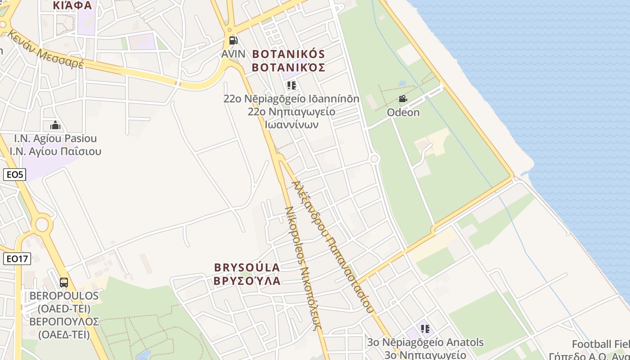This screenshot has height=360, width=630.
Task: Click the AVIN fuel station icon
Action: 233,40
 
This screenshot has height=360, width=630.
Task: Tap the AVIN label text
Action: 233,54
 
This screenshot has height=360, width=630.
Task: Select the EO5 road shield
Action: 14,175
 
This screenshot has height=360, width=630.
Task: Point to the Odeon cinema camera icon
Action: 403,99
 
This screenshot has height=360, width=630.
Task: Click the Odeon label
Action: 403,112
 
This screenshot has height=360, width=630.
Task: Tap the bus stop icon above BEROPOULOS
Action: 64,283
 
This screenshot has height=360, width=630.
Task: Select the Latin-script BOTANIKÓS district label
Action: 288,54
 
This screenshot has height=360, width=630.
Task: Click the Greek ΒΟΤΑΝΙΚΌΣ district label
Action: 288,67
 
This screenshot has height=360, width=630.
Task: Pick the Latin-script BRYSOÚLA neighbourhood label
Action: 247,267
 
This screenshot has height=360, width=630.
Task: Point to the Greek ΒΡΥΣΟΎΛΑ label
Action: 247,281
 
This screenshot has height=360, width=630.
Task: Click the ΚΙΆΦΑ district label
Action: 72,5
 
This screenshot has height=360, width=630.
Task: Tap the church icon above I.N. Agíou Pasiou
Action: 55,125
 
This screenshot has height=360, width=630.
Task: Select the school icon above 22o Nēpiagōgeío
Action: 291,85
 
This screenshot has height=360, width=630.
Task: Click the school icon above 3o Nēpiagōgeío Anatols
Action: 425,329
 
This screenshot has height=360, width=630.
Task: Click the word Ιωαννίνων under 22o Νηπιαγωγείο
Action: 292,124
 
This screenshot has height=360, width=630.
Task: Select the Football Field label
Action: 601,344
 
